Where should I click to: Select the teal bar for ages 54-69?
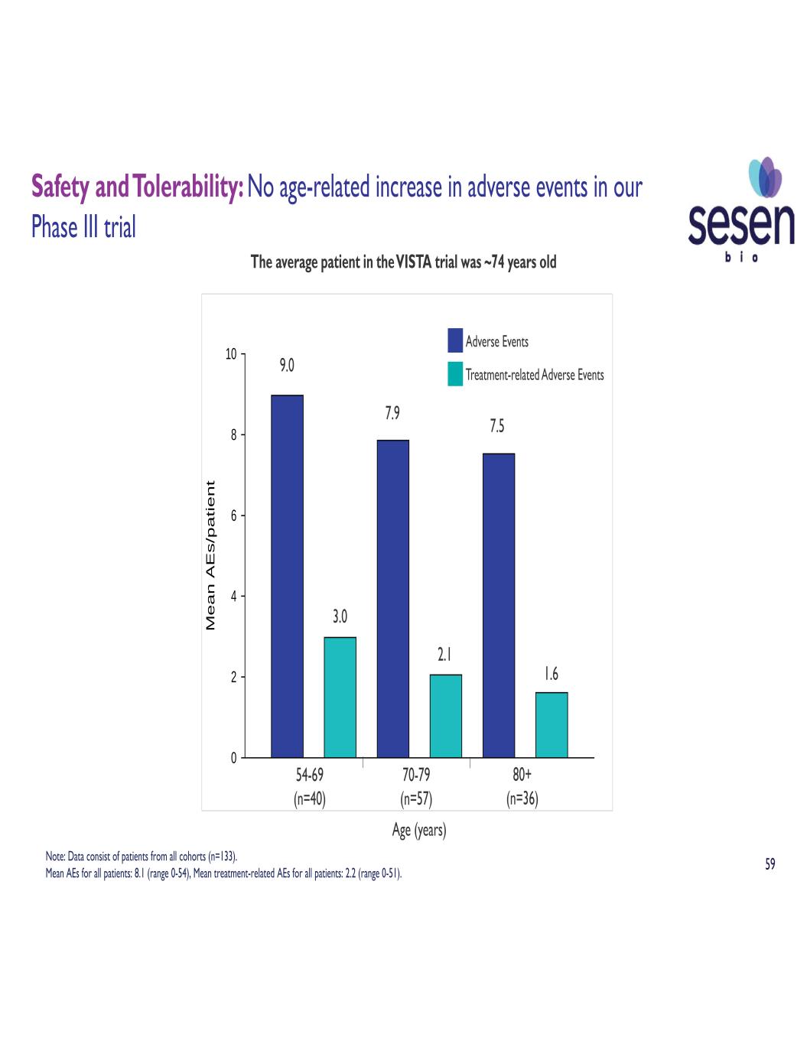point(340,697)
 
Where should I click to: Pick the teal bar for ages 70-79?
point(445,716)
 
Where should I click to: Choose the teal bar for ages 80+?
point(552,724)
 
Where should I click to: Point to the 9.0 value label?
point(287,366)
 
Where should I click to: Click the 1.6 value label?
point(552,674)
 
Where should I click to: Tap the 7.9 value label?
point(392,413)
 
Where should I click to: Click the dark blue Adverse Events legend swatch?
point(455,340)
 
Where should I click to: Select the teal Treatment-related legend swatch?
point(455,374)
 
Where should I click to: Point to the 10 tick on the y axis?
point(231,354)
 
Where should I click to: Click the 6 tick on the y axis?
point(233,515)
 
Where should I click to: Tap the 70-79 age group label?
point(416,775)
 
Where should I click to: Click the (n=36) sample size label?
point(522,799)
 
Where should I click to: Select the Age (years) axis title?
point(418,830)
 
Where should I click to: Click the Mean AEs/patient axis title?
point(211,555)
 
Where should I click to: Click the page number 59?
point(770,864)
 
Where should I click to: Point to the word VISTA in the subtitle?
point(414,262)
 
